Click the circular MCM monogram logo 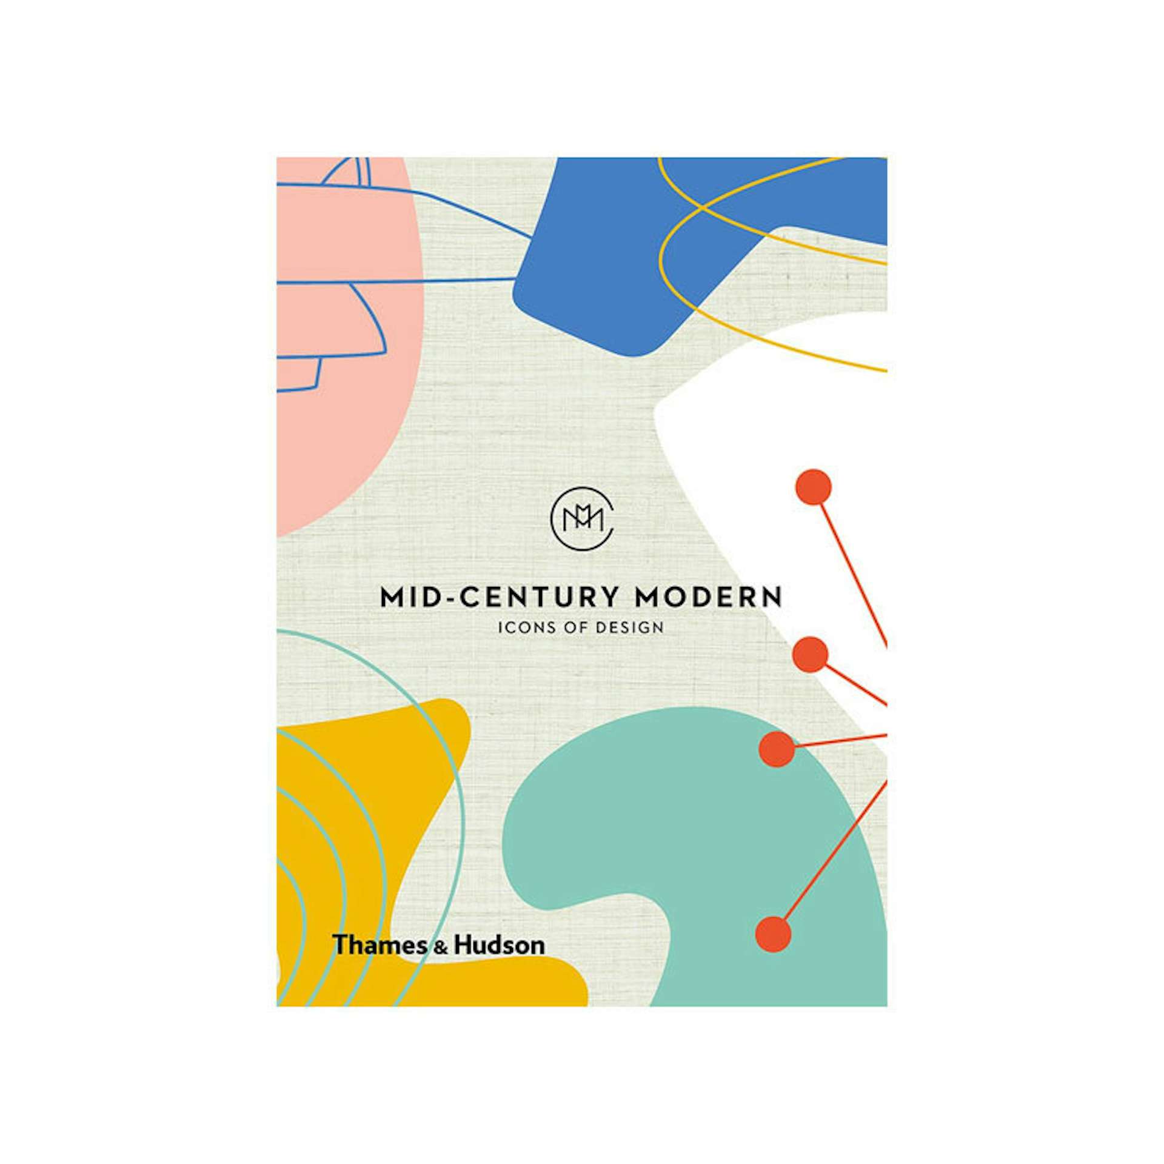(581, 519)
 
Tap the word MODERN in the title (707, 597)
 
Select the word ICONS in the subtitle (519, 627)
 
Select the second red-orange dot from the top (810, 655)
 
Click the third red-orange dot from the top (777, 749)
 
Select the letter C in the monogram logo (606, 533)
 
